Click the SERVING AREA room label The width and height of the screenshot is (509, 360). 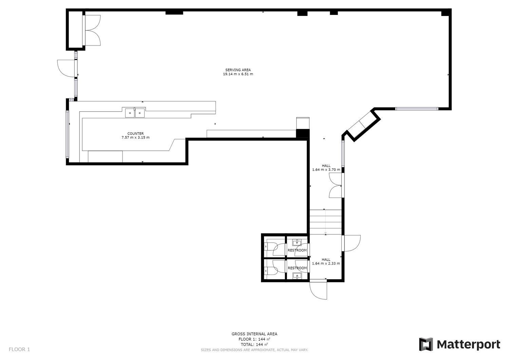tap(238, 70)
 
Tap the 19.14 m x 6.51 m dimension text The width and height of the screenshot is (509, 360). tap(238, 74)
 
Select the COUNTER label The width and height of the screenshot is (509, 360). tap(135, 134)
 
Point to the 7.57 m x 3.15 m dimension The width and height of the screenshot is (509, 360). tap(135, 137)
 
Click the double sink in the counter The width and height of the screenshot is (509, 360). tap(135, 113)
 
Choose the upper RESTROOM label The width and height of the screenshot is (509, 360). tap(297, 250)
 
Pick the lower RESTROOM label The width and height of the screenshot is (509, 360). tap(297, 268)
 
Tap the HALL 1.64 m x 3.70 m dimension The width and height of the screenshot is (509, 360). tap(326, 170)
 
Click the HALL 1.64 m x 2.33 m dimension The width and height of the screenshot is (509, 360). tap(326, 263)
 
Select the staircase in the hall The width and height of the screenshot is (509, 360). tap(326, 222)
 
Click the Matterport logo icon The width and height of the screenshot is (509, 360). tap(426, 344)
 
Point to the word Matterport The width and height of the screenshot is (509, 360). tap(468, 344)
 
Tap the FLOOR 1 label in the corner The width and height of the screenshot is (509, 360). tap(19, 349)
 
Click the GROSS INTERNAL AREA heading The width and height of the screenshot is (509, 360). tap(254, 334)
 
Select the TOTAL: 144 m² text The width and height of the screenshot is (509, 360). tap(254, 344)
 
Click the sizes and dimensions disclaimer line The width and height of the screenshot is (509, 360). tap(254, 350)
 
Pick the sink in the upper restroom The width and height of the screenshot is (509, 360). tap(297, 243)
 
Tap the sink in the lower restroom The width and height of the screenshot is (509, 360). tap(297, 276)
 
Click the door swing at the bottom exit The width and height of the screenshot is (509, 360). tap(318, 291)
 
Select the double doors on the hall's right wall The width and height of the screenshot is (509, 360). tap(336, 185)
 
